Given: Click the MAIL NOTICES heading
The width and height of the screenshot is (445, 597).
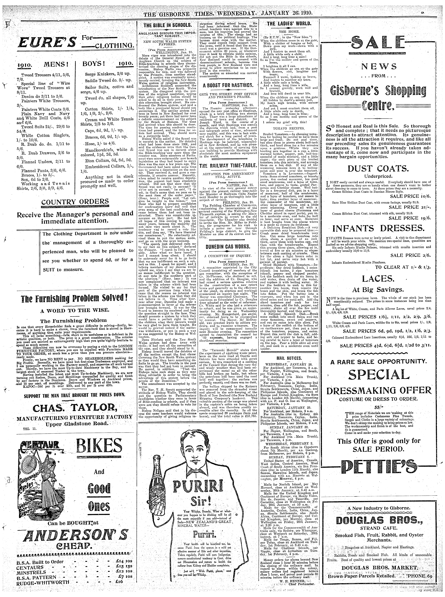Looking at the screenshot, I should pyautogui.click(x=289, y=358).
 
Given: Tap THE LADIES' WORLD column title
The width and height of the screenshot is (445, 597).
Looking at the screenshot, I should pyautogui.click(x=289, y=23).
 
